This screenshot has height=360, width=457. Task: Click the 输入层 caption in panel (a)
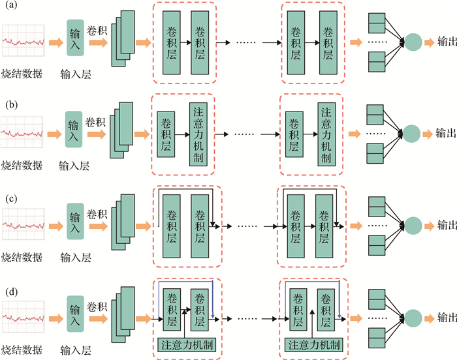75,74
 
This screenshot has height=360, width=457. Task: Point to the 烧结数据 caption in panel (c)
22,256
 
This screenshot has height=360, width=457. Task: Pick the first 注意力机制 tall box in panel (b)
199,133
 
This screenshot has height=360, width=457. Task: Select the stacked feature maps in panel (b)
121,133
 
